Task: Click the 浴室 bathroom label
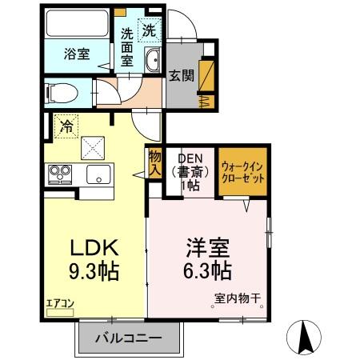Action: (77, 54)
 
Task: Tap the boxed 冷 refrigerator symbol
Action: (66, 126)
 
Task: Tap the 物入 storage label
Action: (154, 164)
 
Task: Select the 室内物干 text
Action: (238, 301)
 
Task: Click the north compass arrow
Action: (305, 336)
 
